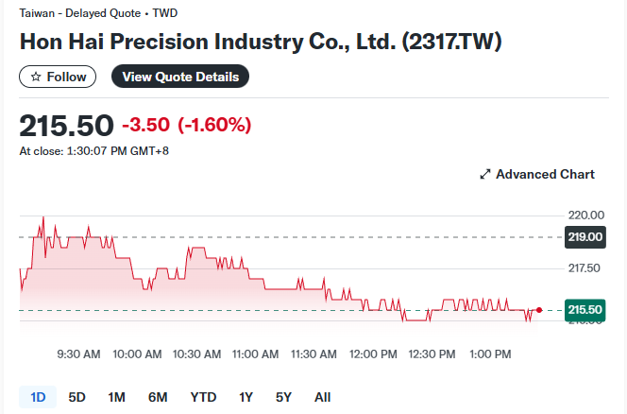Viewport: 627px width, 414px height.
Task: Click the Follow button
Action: (58, 77)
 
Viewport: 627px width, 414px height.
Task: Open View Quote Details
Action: (179, 77)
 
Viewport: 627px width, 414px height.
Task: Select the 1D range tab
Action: (38, 397)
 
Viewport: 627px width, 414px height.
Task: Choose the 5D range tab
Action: (77, 397)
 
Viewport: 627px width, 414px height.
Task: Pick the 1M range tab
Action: (117, 397)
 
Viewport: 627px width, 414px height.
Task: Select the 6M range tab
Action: (158, 397)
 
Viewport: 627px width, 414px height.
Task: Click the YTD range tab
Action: (203, 397)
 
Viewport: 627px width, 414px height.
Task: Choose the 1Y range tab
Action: (246, 397)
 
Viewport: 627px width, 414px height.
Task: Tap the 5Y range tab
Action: (283, 397)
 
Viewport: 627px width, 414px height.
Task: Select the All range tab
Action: (322, 397)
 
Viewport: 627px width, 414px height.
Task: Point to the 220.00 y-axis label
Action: (584, 215)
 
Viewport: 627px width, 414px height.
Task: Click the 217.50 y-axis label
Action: (584, 268)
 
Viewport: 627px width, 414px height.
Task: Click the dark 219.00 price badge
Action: (585, 237)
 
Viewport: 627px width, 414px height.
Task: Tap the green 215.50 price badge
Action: (585, 310)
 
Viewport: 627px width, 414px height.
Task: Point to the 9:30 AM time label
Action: (78, 354)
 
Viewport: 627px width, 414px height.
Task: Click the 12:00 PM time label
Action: (373, 354)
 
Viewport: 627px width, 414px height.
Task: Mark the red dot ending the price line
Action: (538, 310)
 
